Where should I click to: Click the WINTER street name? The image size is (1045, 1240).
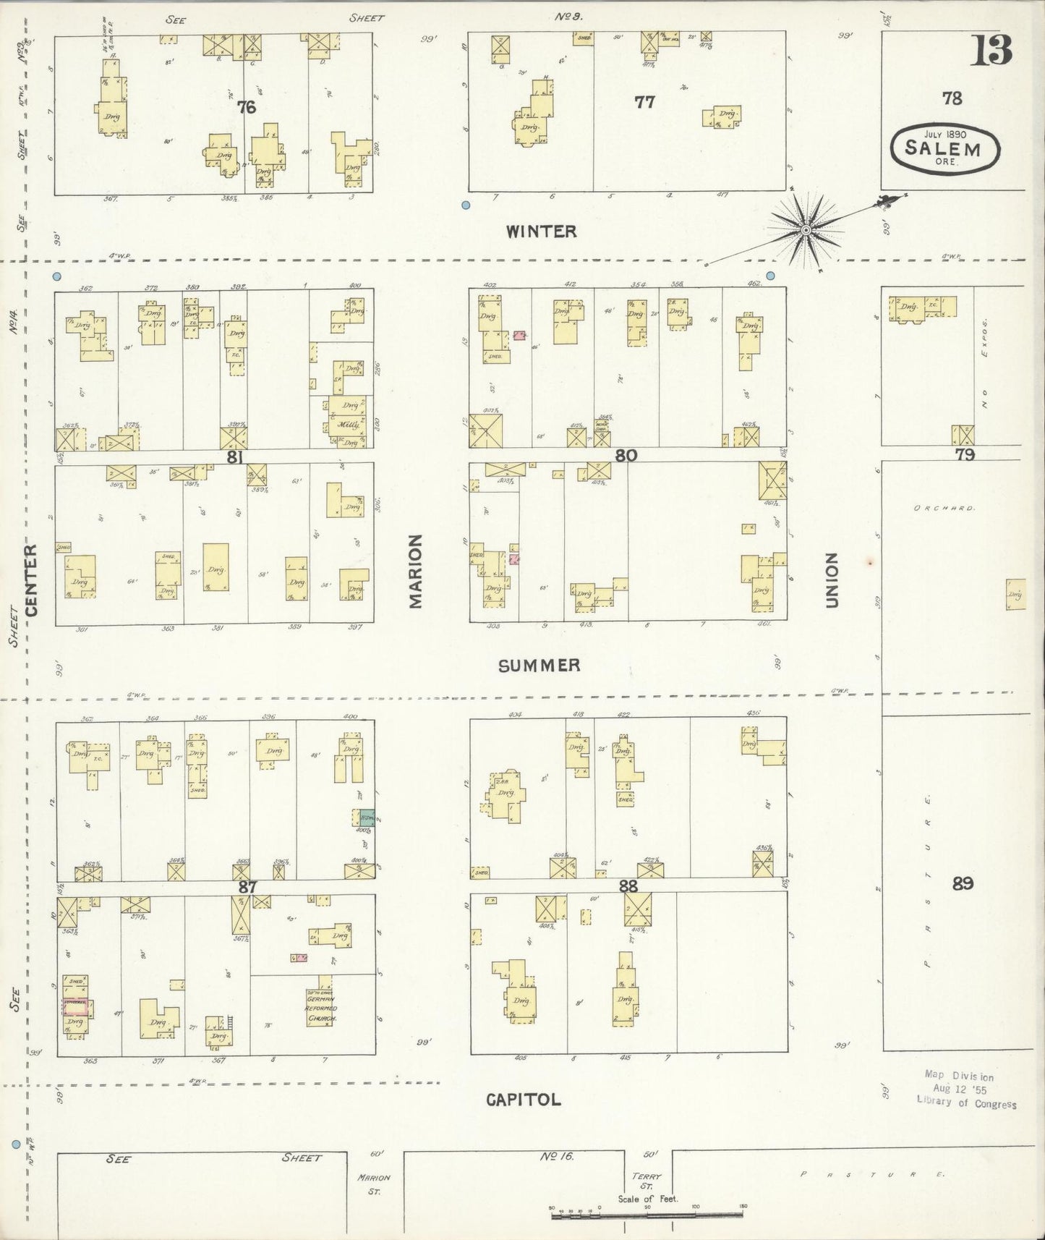pos(541,232)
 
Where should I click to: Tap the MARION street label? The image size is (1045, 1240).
pos(415,571)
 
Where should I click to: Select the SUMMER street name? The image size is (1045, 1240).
pos(539,666)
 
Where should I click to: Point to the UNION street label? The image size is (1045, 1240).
pos(831,579)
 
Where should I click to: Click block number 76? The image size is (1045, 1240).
pos(247,107)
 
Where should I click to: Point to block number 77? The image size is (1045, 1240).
pos(644,102)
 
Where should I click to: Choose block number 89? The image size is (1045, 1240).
pos(963,883)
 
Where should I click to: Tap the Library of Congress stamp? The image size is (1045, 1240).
pos(966,1090)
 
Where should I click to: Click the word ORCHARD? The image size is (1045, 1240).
pos(944,508)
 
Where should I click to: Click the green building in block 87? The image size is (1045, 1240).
pos(367,818)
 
